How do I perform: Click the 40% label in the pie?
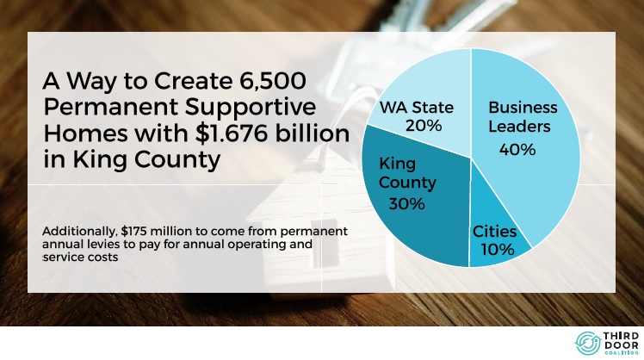517,149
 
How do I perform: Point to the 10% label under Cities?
498,250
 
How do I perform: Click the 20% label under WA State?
424,126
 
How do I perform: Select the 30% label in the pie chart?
406,203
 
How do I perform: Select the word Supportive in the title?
251,108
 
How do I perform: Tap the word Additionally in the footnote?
80,232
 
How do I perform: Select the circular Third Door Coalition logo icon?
588,343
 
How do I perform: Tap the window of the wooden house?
325,248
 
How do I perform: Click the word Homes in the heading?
85,133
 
